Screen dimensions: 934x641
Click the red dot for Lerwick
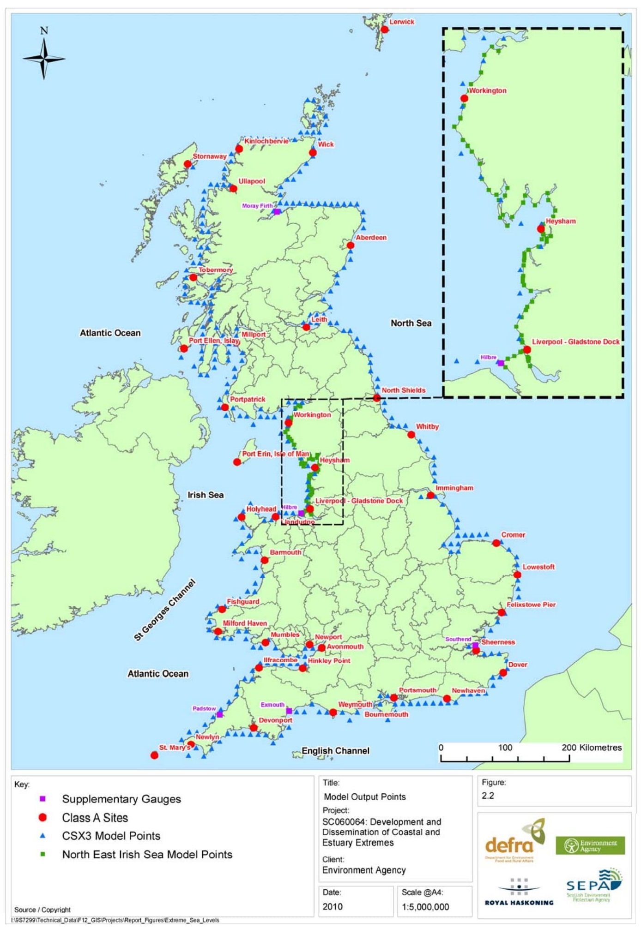[x=384, y=30]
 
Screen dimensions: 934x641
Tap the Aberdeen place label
[x=371, y=238]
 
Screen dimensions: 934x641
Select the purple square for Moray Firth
[x=277, y=212]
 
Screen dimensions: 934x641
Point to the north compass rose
[x=44, y=58]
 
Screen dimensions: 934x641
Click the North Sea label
[x=411, y=323]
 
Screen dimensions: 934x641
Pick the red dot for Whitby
[x=411, y=435]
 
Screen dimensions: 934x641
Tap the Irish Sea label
[x=206, y=495]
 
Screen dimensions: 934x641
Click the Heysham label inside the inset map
[x=561, y=221]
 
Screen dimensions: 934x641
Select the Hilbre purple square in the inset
[x=501, y=363]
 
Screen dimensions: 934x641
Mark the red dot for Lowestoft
[x=517, y=575]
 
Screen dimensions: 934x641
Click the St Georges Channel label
[x=165, y=610]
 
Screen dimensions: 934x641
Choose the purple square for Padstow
[x=220, y=714]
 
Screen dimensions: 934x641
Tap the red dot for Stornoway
[x=187, y=164]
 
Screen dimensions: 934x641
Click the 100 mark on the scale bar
[x=505, y=748]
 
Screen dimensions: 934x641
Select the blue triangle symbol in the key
[x=42, y=836]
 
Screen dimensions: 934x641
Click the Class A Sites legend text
[x=95, y=818]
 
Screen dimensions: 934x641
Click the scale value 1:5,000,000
[x=425, y=907]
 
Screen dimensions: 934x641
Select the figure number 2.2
[x=488, y=796]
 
